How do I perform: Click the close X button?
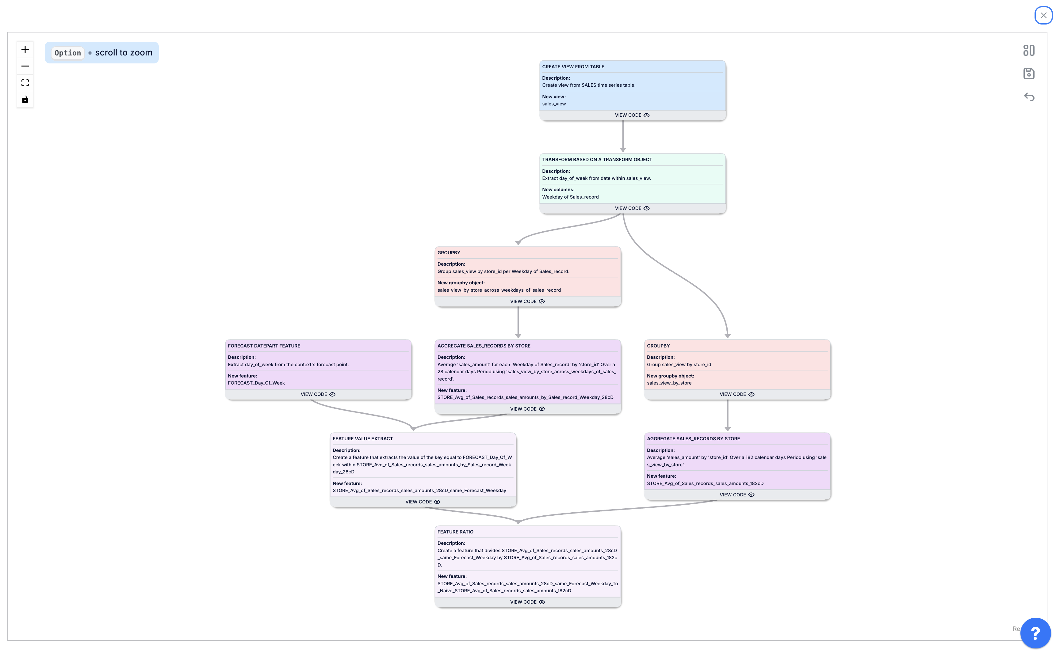click(x=1043, y=15)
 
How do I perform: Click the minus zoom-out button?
click(x=25, y=66)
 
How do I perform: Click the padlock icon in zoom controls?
click(x=25, y=100)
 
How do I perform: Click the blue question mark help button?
click(x=1035, y=633)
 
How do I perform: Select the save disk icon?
click(x=1028, y=73)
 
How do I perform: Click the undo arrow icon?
click(x=1028, y=97)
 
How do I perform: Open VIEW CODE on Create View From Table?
click(x=632, y=115)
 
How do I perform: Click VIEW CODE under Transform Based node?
click(x=632, y=208)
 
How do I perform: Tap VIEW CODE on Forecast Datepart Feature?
click(x=317, y=394)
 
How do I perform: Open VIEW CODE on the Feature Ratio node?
click(x=527, y=602)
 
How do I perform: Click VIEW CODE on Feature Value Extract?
click(x=422, y=502)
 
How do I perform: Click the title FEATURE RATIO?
click(x=455, y=532)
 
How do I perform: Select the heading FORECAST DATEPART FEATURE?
click(x=264, y=346)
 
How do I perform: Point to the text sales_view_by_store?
click(x=669, y=383)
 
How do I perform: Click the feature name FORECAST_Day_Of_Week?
click(x=256, y=383)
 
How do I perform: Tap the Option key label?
click(x=68, y=53)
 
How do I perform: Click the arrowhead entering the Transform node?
click(x=623, y=150)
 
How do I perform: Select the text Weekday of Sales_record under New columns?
click(x=570, y=197)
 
